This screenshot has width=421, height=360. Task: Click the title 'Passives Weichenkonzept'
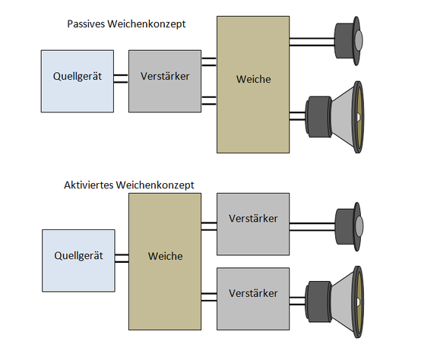coord(126,24)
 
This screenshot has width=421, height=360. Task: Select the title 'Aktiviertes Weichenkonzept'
coord(129,185)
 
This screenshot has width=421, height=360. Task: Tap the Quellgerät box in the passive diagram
coord(78,81)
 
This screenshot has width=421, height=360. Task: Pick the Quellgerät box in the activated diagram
coord(78,261)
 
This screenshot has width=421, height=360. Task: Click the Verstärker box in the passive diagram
coord(165,81)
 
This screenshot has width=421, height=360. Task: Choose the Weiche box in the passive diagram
coord(253,84)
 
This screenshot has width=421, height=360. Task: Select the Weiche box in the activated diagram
coord(165,261)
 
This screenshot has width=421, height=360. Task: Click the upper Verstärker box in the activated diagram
coord(253,224)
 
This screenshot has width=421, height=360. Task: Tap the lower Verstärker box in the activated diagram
coord(253,298)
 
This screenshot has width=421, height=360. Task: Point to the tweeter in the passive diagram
coord(349,41)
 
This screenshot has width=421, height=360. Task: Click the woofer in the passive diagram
coord(334,117)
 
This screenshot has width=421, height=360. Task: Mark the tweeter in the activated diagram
coord(349,226)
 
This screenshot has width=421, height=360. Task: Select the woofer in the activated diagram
coord(334,302)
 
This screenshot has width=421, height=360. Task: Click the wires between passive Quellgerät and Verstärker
coord(121,78)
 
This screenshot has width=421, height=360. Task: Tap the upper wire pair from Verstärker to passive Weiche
coord(209,62)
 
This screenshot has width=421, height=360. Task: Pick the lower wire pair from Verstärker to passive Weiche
coord(209,100)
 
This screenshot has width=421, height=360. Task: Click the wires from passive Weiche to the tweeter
coord(312,42)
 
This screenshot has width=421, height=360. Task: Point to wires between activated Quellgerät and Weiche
coord(122,258)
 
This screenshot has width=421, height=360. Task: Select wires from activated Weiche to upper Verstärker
coord(209,226)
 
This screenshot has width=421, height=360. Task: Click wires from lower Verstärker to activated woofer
coord(297,301)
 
